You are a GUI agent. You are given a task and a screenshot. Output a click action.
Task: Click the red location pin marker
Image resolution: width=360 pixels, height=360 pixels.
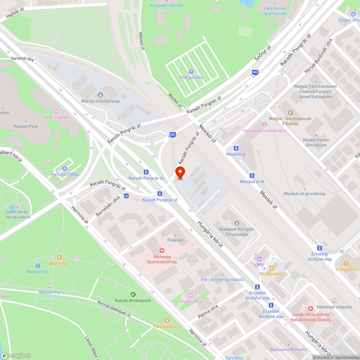click(x=180, y=172)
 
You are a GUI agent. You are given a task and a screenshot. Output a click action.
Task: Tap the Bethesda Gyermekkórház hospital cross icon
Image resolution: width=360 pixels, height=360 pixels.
click(x=162, y=250)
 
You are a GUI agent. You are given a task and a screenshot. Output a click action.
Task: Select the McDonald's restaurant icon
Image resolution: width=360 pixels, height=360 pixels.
click(x=271, y=268)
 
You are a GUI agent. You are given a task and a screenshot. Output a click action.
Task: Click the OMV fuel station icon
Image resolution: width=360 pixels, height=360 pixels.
click(x=259, y=258)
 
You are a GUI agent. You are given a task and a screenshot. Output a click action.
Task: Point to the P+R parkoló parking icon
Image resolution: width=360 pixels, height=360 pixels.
click(x=191, y=71)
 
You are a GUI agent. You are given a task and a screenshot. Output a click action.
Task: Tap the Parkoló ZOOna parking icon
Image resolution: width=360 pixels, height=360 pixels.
click(x=65, y=168)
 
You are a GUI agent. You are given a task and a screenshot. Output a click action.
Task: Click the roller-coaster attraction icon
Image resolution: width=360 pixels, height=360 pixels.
click(x=56, y=111)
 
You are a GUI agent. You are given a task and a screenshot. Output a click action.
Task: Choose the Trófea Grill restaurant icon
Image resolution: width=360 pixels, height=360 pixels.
click(x=346, y=264)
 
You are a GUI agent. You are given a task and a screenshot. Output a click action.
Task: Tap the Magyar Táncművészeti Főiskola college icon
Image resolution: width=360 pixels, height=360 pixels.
click(x=290, y=113)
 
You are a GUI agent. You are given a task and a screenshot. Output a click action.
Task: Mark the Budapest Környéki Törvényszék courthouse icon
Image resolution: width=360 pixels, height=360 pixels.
click(x=237, y=223)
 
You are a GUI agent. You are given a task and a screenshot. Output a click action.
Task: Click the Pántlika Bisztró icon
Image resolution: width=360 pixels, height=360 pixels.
click(x=166, y=320)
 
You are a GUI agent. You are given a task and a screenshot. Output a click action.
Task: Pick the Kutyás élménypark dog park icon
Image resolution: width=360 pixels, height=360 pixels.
click(x=133, y=294)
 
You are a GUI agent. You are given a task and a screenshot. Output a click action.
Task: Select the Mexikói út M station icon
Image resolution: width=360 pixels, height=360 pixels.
click(x=252, y=176)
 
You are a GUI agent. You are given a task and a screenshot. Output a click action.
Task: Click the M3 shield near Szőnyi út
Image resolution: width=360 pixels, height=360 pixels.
click(x=255, y=72)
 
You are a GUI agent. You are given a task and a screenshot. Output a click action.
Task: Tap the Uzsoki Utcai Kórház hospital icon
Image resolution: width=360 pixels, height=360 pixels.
click(x=310, y=309)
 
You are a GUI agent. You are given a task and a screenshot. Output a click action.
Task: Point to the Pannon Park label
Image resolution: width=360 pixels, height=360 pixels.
click(x=26, y=126)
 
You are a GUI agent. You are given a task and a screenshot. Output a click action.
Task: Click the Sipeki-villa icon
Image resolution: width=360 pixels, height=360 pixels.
click(x=186, y=296)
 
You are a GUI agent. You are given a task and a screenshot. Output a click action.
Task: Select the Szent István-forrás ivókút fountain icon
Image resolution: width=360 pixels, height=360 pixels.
click(x=13, y=208)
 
